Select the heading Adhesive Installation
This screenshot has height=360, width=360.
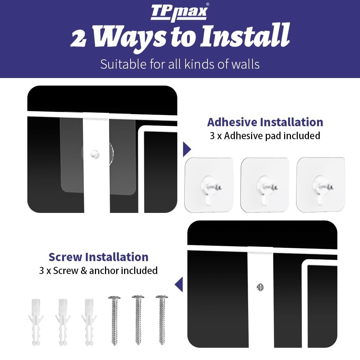(265, 122)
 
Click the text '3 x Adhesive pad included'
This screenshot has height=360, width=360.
(265, 136)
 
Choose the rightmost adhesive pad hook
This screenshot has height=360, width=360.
(321, 184)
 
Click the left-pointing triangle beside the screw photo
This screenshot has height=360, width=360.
(179, 284)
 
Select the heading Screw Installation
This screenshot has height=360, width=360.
(99, 257)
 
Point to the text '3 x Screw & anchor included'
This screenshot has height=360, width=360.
(99, 271)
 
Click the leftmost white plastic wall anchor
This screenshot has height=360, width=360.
(36, 322)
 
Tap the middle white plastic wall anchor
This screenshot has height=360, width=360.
(63, 322)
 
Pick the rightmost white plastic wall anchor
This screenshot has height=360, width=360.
(89, 322)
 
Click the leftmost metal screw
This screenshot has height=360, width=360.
(114, 320)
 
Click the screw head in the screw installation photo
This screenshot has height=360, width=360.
(260, 287)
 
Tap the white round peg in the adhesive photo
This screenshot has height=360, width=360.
(95, 154)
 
